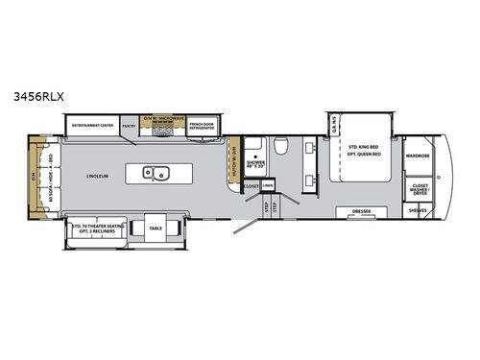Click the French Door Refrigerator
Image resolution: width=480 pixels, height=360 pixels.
click(204, 125)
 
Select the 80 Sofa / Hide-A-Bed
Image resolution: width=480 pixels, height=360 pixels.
click(41, 176)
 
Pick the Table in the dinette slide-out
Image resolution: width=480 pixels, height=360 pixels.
click(155, 228)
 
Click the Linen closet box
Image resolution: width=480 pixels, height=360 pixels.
click(268, 184)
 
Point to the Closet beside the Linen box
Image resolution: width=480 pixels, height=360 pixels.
click(252, 184)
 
